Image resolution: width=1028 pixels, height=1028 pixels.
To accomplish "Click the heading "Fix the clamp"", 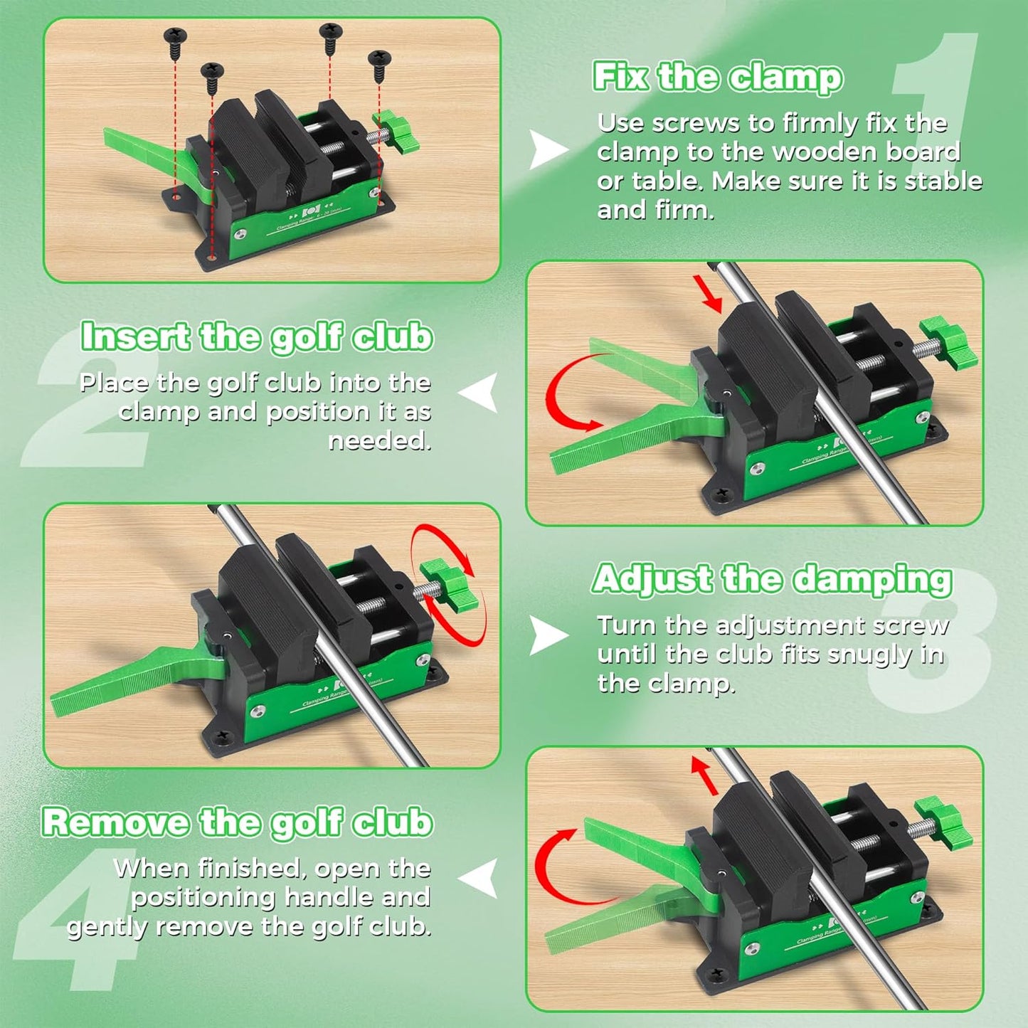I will click(717, 77).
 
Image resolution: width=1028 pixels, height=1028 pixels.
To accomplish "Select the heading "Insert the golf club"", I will click(256, 337).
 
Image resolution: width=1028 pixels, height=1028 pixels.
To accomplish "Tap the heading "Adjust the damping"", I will click(772, 579).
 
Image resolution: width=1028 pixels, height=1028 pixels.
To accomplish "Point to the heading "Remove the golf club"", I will click(237, 822).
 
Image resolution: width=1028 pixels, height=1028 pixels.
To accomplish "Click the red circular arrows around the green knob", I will click(448, 583).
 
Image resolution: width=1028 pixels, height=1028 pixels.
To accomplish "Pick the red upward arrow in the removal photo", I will click(705, 775).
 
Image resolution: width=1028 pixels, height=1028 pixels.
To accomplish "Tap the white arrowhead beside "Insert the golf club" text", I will click(479, 393).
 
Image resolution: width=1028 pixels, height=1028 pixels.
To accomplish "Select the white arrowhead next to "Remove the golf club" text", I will click(479, 879).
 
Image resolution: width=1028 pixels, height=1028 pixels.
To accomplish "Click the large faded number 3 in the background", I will click(932, 640).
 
